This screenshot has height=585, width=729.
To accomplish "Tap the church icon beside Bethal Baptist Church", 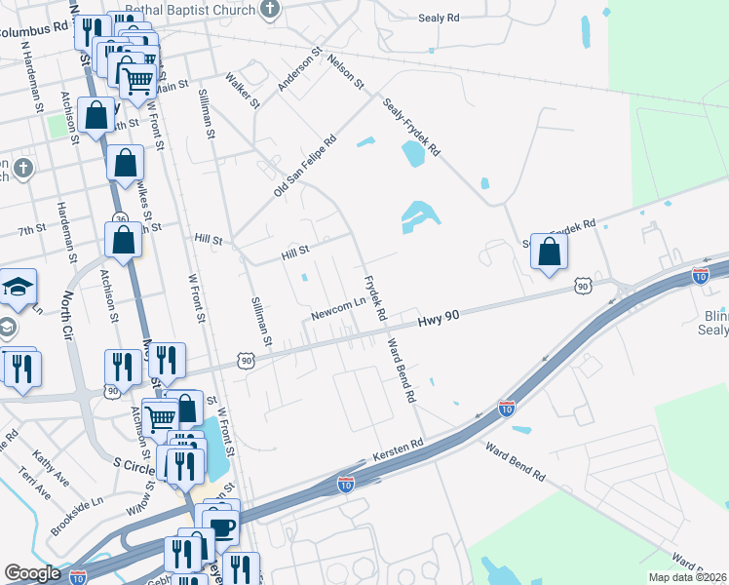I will point(270,10).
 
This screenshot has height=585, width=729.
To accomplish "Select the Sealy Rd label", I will point(438,19).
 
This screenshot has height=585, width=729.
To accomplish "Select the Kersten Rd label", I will point(398,449).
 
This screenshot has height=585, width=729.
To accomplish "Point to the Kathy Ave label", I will point(50,460).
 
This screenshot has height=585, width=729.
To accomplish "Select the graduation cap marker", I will point(18,287).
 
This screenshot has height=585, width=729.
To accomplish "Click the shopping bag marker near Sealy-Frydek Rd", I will point(550,253).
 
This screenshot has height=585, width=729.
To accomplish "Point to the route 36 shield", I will point(119,218).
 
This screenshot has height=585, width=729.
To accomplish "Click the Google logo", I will point(33,573).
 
